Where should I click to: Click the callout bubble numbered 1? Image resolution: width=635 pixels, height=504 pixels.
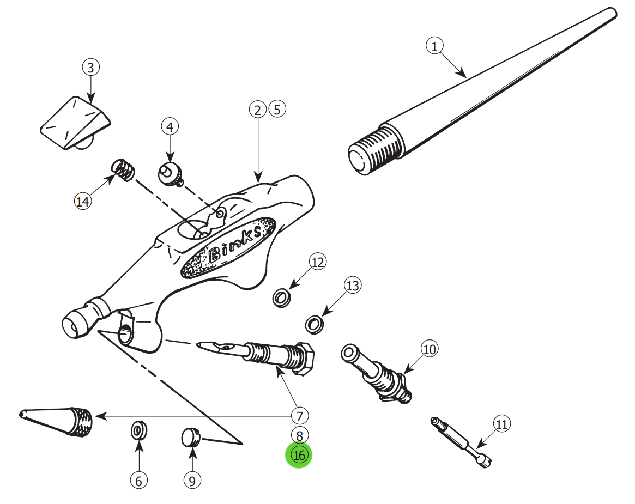pos(434,46)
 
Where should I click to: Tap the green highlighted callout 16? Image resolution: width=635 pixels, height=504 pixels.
pos(299,455)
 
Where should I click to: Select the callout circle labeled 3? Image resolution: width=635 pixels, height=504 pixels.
pos(90,68)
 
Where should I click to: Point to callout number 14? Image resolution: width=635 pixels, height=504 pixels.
pos(82,202)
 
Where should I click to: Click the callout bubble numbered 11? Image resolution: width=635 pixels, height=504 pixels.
pos(501,424)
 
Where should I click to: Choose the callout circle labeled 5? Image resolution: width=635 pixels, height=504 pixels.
pos(277,109)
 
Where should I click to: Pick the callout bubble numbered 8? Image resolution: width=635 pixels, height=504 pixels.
pos(299,435)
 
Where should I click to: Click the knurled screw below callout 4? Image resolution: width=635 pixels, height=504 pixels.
pos(171,175)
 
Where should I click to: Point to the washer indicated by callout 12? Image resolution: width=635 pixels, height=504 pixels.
pos(281,298)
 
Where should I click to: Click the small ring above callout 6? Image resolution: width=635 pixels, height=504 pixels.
pos(138,430)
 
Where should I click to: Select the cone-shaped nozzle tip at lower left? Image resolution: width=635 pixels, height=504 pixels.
pos(60,420)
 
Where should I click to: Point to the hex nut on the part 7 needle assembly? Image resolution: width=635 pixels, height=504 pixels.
pos(303,358)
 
